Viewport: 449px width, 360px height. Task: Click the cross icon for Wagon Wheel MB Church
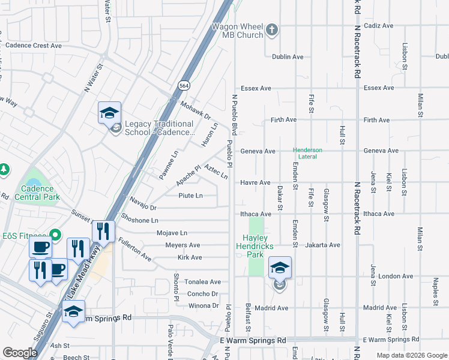271,29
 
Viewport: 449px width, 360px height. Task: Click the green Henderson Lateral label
307,154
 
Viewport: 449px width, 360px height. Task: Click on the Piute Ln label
190,196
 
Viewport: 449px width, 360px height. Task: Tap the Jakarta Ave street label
322,245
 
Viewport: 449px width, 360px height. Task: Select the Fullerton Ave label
134,250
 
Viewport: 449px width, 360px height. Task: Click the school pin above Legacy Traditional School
110,113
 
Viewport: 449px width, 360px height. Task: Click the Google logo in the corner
20,353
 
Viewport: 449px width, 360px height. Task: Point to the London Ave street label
396,277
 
